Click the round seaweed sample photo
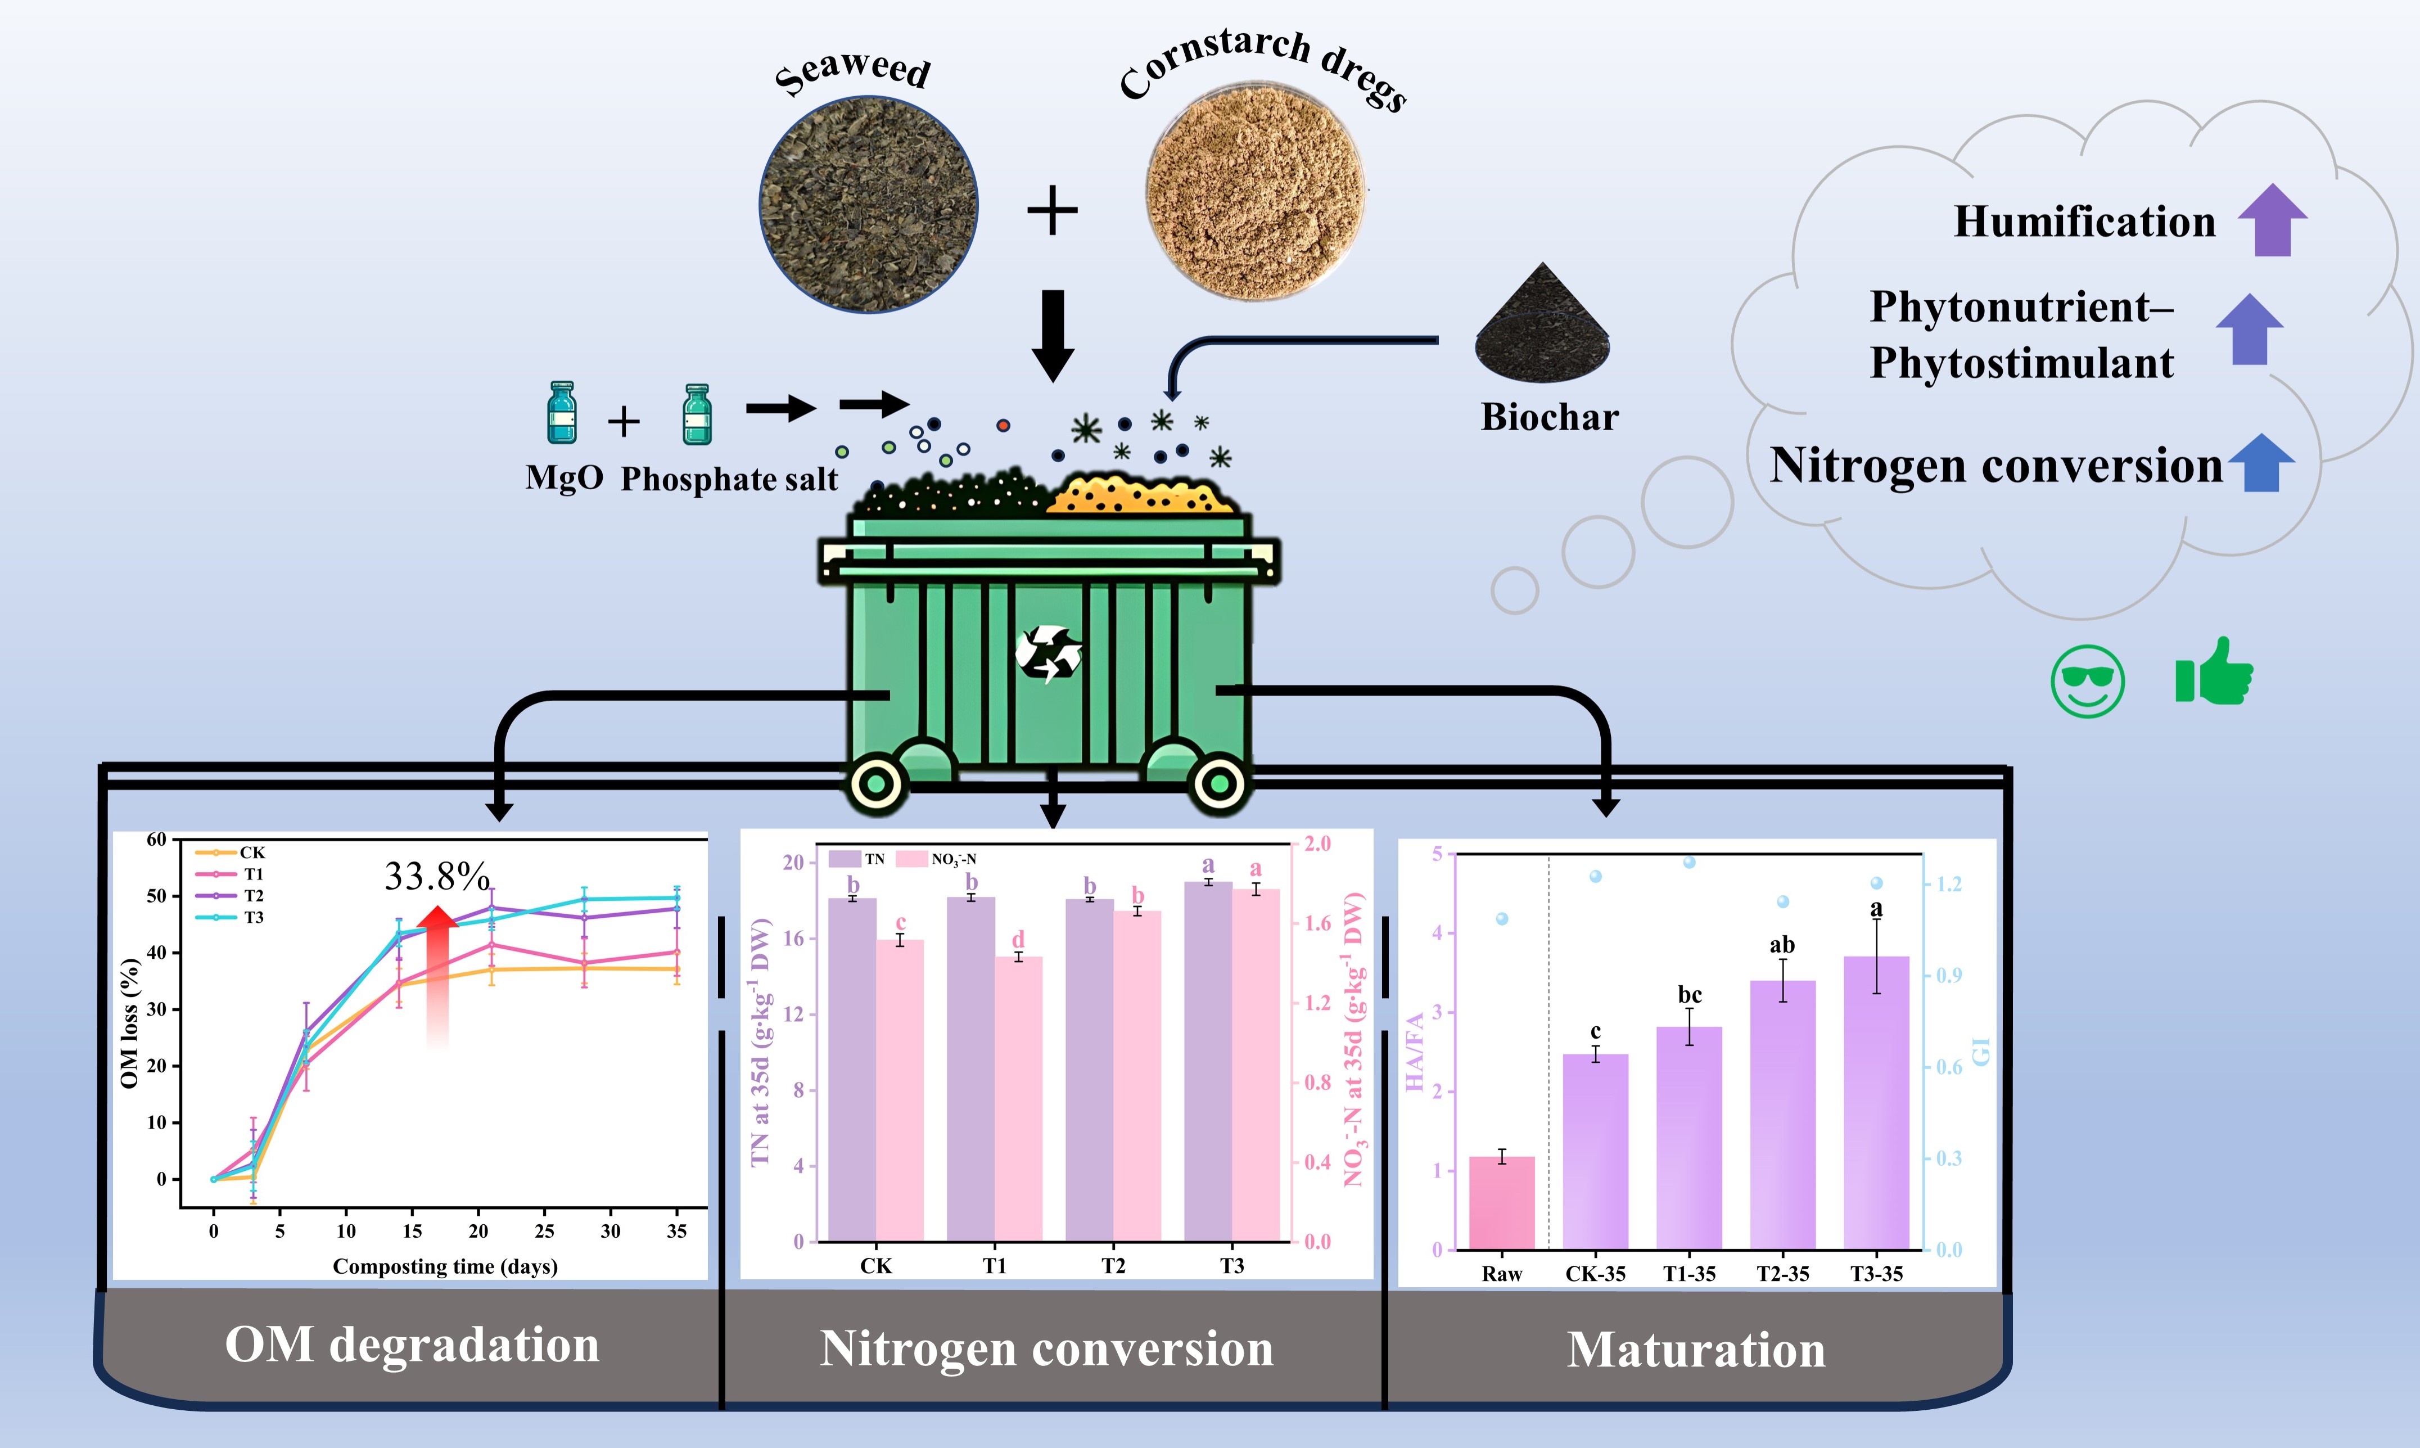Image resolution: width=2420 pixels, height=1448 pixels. pos(868,204)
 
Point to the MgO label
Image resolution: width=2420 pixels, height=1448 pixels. pos(564,478)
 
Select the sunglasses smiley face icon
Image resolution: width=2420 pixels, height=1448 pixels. pos(2087,681)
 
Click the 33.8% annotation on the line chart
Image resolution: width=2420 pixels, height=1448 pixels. pos(436,876)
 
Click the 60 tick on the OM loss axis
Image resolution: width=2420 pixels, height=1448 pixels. pos(156,839)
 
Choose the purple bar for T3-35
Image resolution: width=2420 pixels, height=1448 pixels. pos(1876,1103)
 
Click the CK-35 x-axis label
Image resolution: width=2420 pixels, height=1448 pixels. pos(1595,1273)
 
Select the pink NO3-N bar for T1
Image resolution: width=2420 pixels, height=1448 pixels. pos(1018,1098)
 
